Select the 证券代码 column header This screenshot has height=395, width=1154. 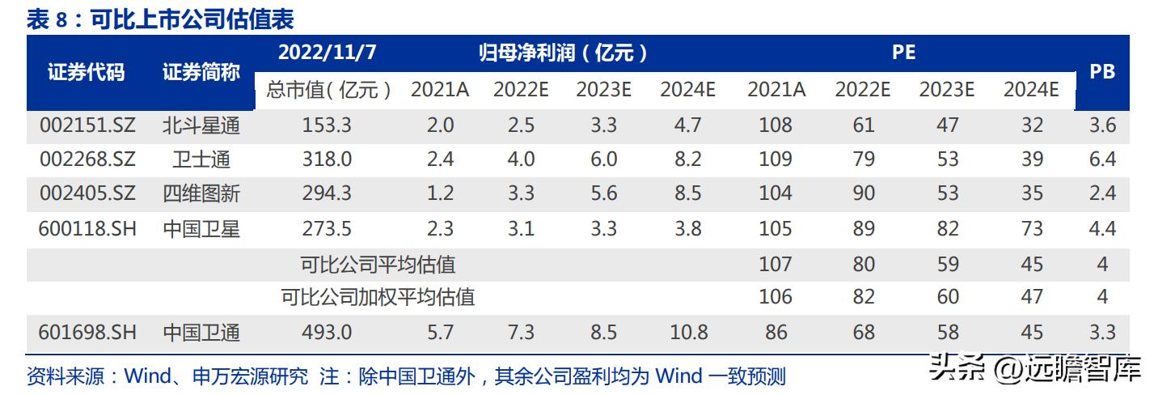87,72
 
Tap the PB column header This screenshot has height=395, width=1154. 1102,72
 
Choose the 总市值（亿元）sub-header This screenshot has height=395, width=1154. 328,90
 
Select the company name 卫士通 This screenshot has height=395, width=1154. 201,159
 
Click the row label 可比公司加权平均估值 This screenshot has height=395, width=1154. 378,297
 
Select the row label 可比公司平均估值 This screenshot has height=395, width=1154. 378,264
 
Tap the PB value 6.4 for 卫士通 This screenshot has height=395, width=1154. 1102,159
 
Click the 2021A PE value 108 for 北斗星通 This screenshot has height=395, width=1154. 776,125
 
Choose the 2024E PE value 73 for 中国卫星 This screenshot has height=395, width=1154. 1032,229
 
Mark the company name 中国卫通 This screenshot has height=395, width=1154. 201,333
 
